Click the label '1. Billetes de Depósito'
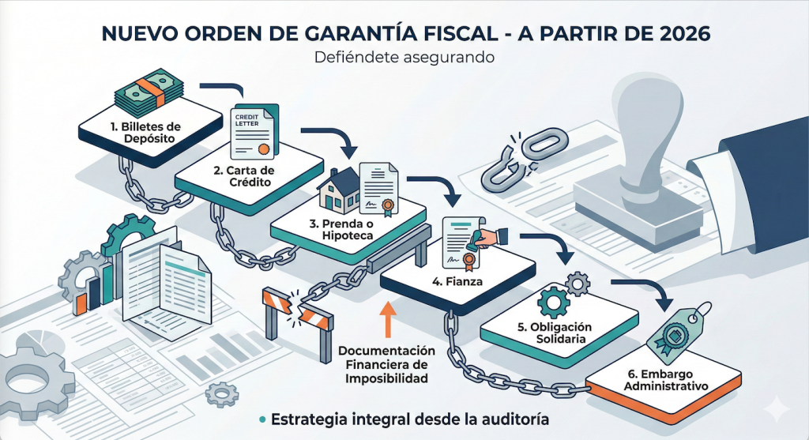click(148, 132)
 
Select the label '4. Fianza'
click(442, 280)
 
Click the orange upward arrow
click(387, 322)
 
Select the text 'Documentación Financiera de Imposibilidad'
click(387, 364)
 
